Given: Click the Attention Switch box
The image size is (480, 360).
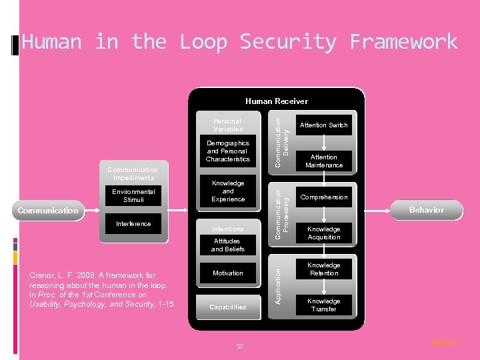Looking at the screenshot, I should coord(323,125).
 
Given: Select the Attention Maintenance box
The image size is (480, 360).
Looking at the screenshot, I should coord(324,161).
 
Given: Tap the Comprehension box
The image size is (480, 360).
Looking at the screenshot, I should coord(323,197).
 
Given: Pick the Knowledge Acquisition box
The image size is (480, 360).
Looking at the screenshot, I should coord(324,233).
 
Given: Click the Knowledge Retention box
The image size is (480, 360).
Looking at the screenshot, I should coord(324,269).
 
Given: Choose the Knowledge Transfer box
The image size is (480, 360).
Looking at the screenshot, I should coord(324,305).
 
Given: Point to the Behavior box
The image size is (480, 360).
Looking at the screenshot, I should coord(426,210).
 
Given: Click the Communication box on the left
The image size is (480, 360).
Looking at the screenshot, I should coord(48,211).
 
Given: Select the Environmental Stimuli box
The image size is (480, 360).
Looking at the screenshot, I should coord(133,196).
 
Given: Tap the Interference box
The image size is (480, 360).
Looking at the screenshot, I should coord(133,224).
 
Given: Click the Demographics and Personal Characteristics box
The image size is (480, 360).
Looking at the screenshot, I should coord(227,151).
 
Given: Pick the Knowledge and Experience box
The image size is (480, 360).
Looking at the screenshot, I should coord(227,191).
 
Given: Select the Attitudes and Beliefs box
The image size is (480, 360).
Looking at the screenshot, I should coord(227,245).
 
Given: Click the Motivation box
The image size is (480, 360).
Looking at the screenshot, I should coord(227,273).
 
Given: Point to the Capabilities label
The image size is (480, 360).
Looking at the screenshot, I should coord(227,307).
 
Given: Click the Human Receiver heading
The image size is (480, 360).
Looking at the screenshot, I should coord(277,101).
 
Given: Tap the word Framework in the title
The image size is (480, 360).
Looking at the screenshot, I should coord(403,42).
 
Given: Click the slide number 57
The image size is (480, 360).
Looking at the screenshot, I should coord(239,347).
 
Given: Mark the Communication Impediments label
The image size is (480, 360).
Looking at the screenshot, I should coord(133,174).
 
